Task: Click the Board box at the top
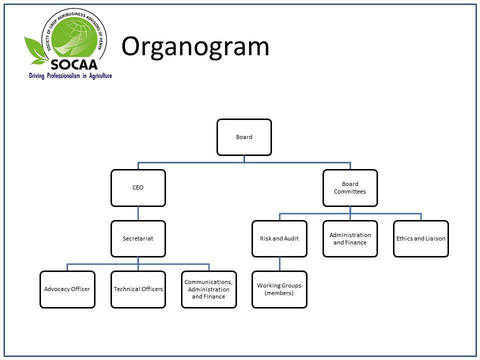(244, 137)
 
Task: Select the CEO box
(138, 188)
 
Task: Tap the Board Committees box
(350, 188)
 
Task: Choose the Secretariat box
(138, 239)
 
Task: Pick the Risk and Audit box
(279, 239)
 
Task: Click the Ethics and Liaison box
(421, 239)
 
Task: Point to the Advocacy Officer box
(67, 289)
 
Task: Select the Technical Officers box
(138, 289)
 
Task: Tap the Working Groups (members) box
(279, 289)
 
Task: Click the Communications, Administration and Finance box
(209, 289)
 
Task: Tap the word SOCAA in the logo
(74, 64)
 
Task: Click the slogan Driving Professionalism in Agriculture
(70, 75)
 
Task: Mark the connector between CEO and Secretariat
(138, 213)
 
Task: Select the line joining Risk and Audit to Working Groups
(279, 264)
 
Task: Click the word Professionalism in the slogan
(63, 75)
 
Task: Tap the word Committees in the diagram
(350, 191)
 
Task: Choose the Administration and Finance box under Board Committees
(350, 239)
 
